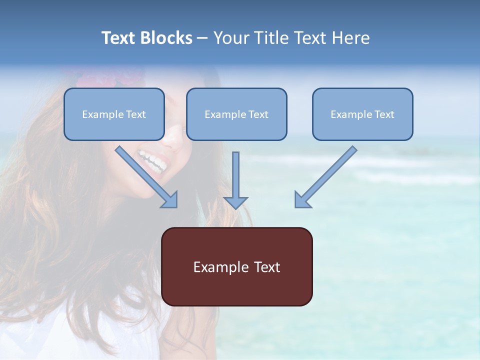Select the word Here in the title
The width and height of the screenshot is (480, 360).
click(x=351, y=38)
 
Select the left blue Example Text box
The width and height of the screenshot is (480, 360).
click(x=114, y=114)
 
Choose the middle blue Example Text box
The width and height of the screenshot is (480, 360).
click(x=236, y=114)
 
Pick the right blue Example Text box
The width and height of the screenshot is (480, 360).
click(x=362, y=114)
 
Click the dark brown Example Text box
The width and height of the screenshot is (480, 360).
click(x=236, y=266)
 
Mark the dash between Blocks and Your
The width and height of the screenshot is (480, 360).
click(x=202, y=38)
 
